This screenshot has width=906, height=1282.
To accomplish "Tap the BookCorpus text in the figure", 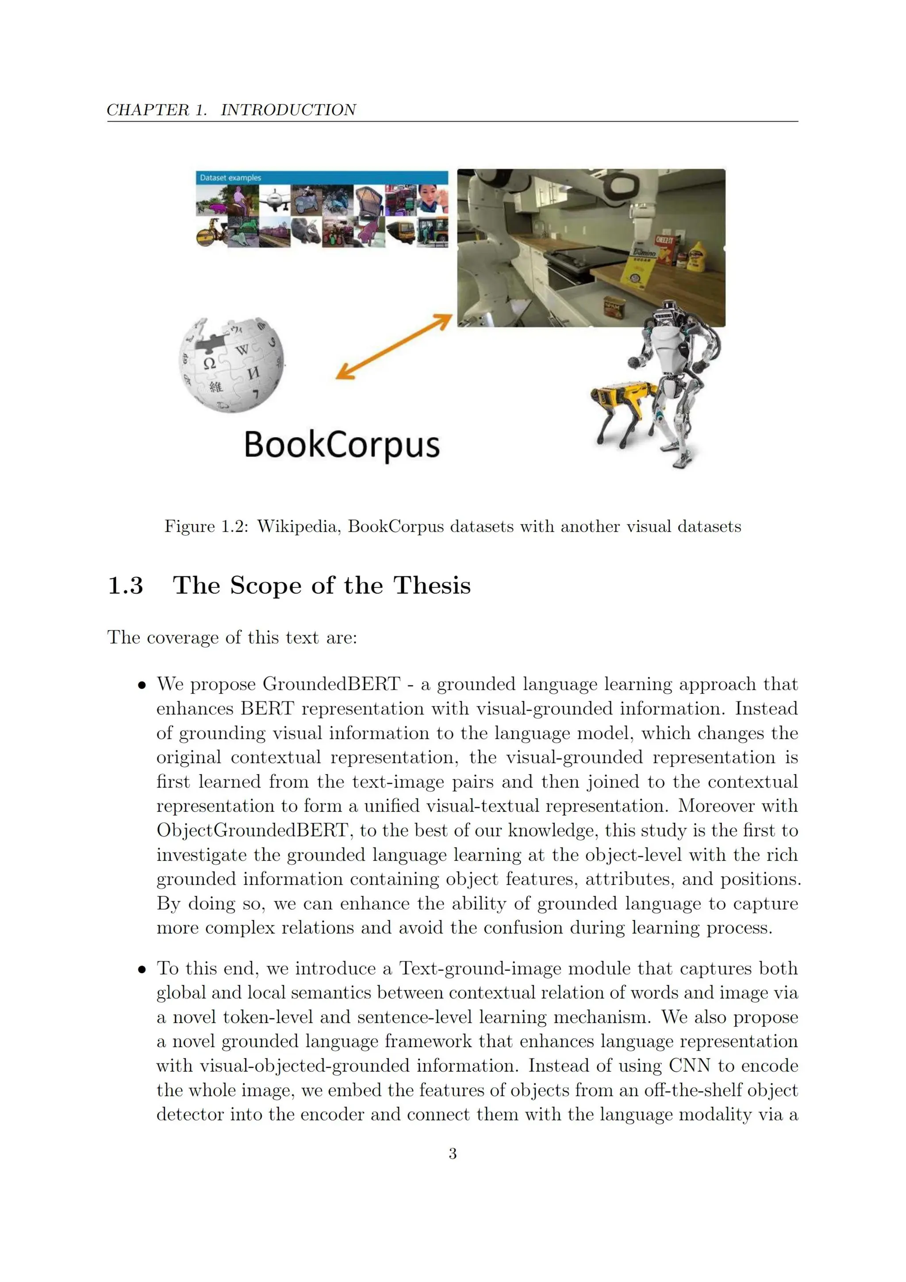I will (x=342, y=445).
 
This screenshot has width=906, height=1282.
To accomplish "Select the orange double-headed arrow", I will (x=394, y=347).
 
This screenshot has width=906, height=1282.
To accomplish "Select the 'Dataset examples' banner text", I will (x=230, y=177).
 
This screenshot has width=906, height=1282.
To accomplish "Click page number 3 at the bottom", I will (x=453, y=1154).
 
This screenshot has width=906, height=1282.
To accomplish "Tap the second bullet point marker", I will (x=142, y=970).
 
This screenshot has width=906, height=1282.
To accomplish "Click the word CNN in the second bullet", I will (x=689, y=1066).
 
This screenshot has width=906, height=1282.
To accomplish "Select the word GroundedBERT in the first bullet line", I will (x=331, y=684).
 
